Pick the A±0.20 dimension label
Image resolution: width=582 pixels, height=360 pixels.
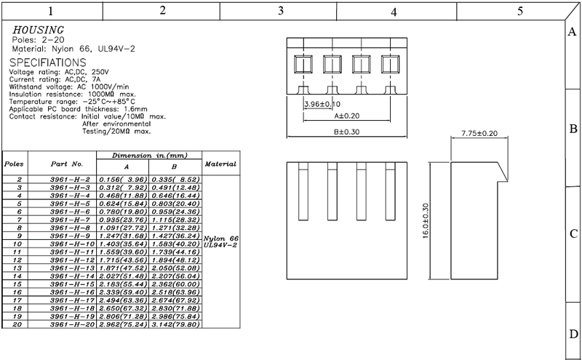point(346,116)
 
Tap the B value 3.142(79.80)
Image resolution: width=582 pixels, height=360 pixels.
point(175,324)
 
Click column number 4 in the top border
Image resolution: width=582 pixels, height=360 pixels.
point(393,11)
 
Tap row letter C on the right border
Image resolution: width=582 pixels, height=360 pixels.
point(573,234)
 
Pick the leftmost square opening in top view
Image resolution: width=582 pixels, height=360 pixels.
point(302,65)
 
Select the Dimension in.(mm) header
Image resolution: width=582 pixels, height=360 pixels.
point(149,156)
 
